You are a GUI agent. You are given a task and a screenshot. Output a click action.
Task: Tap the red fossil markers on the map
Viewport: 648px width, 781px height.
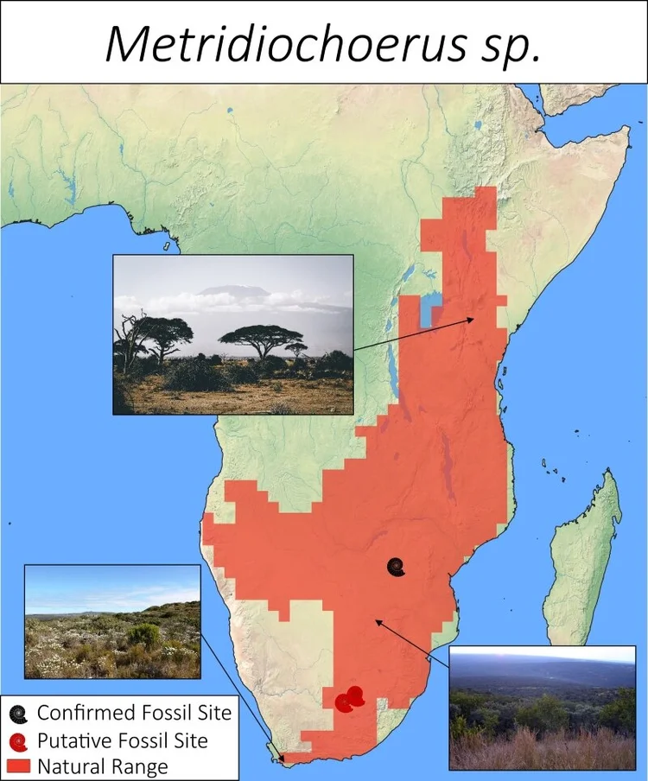click(x=350, y=698)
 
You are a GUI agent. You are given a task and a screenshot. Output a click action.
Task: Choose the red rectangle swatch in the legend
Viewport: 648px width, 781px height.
click(x=18, y=765)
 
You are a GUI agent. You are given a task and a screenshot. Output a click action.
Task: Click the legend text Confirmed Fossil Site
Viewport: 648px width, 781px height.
click(x=134, y=714)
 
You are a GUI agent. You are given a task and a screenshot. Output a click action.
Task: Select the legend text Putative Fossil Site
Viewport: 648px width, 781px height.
click(x=122, y=740)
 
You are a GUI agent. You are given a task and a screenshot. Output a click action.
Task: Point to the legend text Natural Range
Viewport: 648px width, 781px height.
click(x=102, y=766)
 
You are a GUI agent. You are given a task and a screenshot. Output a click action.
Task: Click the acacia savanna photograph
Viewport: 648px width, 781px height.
click(x=233, y=334)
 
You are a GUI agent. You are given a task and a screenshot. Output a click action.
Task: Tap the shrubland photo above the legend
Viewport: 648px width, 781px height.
click(x=112, y=621)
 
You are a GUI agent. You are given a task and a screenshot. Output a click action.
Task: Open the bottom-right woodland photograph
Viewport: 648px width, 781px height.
click(x=542, y=707)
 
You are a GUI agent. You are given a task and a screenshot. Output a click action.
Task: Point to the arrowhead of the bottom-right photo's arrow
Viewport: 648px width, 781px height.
click(x=375, y=619)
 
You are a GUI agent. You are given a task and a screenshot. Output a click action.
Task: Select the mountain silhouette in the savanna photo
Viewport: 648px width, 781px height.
click(x=229, y=292)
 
